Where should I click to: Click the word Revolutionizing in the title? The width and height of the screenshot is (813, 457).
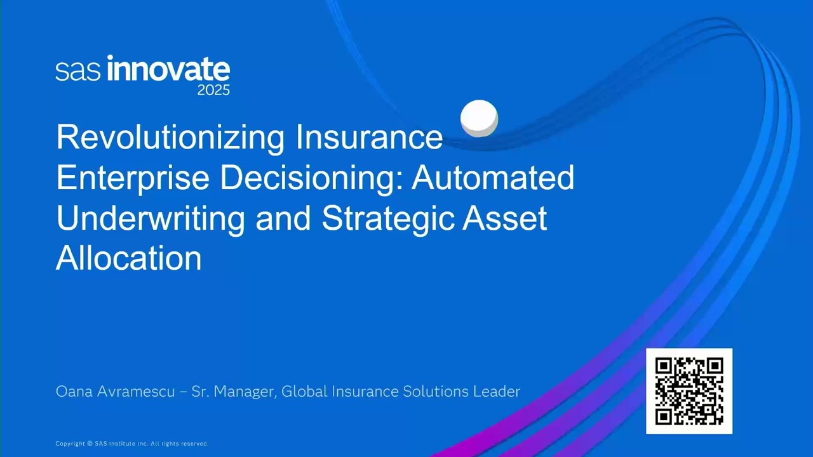point(170,138)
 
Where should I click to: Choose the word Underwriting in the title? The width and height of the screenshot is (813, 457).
point(151,219)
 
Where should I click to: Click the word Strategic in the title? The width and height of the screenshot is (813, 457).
point(388,219)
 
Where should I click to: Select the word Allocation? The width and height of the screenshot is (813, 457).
point(129,258)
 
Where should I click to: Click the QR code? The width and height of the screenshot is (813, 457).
point(689,391)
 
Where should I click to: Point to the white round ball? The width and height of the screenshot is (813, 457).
point(479,118)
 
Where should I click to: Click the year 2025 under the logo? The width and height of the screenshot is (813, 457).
point(213,90)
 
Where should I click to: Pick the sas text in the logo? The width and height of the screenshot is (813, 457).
point(77,71)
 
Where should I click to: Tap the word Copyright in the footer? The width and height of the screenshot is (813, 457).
point(70,444)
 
